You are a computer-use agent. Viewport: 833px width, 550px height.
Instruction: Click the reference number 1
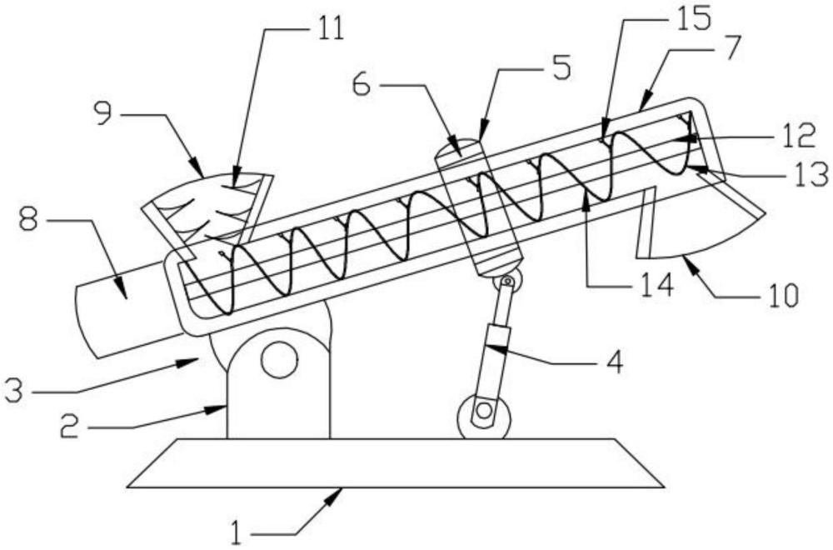(x=239, y=532)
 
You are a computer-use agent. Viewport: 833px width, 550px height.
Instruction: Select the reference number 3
(x=14, y=390)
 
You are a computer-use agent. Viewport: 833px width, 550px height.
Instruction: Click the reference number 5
(x=561, y=68)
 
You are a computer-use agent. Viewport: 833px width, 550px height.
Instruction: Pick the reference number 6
(x=362, y=84)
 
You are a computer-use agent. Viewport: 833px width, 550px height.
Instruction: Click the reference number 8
(x=28, y=218)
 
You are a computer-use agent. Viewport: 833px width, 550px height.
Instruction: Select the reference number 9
(x=104, y=112)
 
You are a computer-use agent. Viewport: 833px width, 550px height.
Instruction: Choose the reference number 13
(x=811, y=174)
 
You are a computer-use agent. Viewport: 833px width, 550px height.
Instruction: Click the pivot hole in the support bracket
(x=279, y=359)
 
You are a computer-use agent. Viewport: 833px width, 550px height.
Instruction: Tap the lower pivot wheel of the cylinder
(x=483, y=417)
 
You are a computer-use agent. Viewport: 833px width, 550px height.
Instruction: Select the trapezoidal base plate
(x=396, y=462)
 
